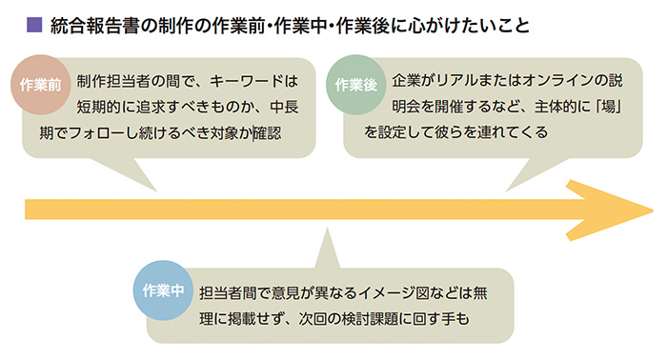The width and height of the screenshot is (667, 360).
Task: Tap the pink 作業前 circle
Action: point(41,85)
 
